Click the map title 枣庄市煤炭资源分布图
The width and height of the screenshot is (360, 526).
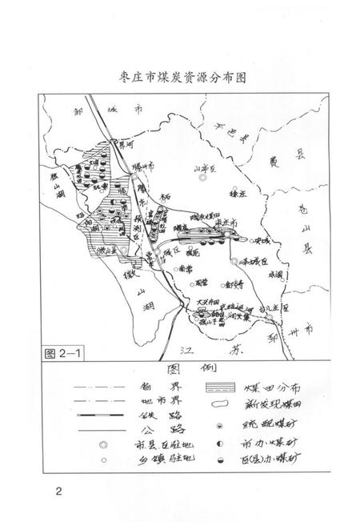[x=179, y=78]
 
